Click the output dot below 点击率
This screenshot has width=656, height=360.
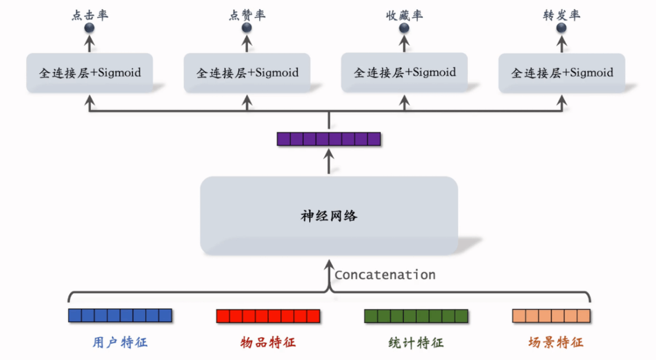90,28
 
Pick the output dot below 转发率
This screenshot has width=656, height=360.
561,28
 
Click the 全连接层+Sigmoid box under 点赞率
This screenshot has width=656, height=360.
247,73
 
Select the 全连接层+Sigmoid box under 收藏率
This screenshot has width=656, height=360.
404,73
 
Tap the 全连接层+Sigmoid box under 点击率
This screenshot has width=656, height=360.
90,73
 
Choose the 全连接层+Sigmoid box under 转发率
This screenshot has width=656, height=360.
561,73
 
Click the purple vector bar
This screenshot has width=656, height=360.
328,139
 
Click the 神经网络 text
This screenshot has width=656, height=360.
328,216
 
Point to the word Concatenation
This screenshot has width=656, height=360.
385,275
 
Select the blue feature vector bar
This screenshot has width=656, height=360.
119,315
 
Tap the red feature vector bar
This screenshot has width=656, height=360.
268,316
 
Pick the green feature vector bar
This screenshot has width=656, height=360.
416,315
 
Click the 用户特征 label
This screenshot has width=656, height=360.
120,342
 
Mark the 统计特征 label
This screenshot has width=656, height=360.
416,342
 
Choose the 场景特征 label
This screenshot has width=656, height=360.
556,342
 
